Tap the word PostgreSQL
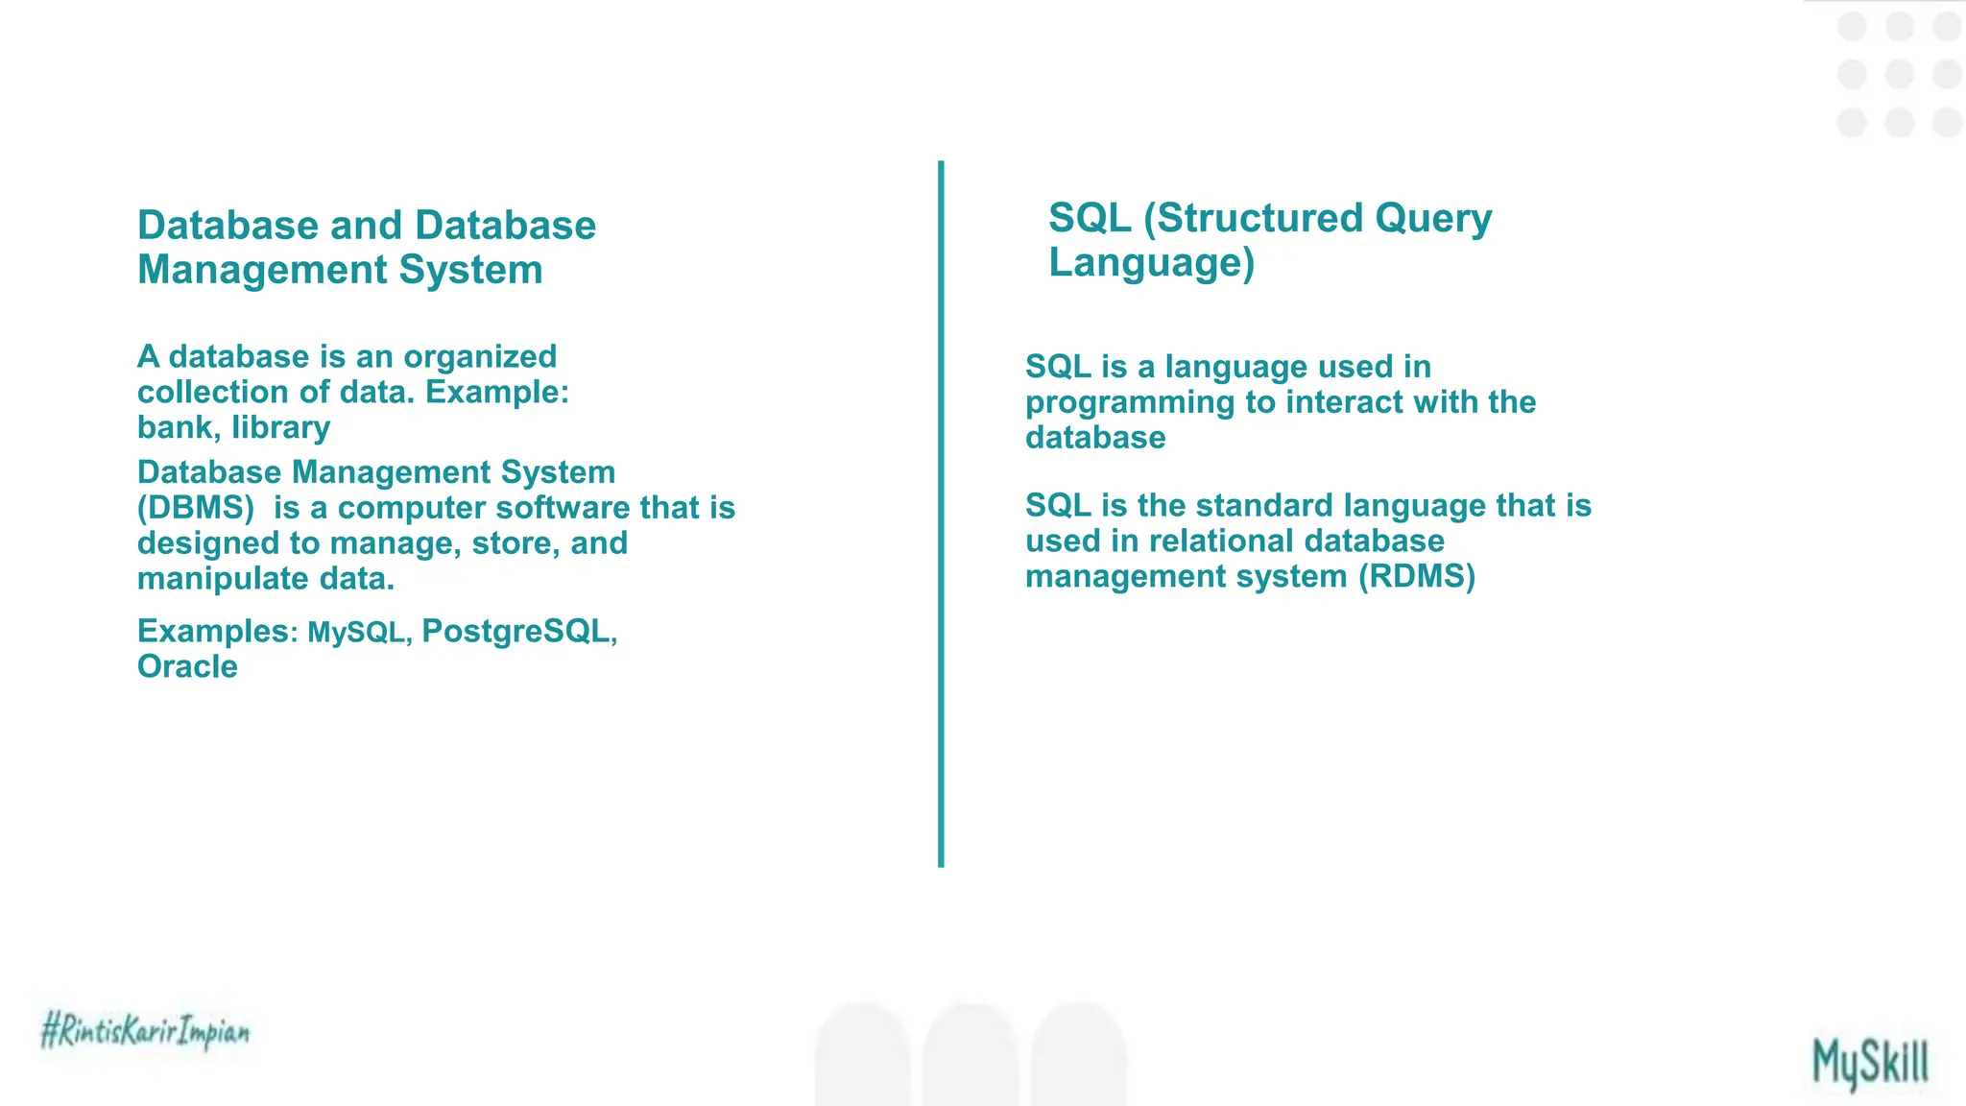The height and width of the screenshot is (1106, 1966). [x=516, y=631]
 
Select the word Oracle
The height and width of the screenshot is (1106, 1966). [x=187, y=666]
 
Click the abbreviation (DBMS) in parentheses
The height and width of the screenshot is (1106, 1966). [x=196, y=508]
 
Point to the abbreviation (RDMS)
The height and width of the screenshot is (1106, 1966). [x=1417, y=576]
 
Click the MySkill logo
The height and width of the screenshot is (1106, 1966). [x=1870, y=1063]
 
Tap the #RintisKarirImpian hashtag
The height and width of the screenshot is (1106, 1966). [x=145, y=1031]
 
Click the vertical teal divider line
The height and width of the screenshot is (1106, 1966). [x=941, y=514]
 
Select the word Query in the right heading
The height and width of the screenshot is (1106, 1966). [x=1433, y=218]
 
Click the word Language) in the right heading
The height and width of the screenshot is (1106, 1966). [x=1151, y=262]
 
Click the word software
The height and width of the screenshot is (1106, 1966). [x=562, y=508]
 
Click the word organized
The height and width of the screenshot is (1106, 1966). [x=479, y=356]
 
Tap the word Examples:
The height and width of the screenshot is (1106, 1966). [x=218, y=631]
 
